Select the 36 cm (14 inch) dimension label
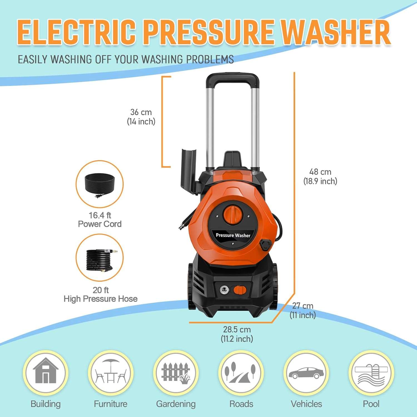point(141,117)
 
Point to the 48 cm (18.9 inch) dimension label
point(320,177)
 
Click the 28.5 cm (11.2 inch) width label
point(237,334)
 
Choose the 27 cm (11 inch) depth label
point(302,310)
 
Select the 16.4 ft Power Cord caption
point(100,220)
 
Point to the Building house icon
point(46,373)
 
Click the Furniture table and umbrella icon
point(111,373)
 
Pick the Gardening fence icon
point(176,373)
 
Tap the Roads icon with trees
point(241,373)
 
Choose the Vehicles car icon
point(306,373)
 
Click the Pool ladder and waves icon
point(371,373)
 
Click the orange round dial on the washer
point(233,214)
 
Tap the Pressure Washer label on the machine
point(233,235)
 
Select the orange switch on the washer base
point(240,290)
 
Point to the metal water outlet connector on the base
point(224,290)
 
